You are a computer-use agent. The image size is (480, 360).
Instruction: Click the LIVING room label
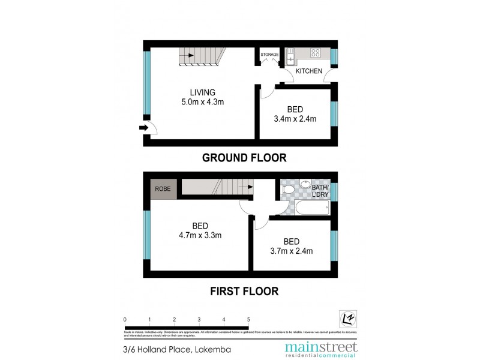pyautogui.click(x=202, y=92)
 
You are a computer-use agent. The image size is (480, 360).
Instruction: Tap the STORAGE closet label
pyautogui.click(x=269, y=55)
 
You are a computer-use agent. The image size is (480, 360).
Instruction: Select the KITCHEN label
pyautogui.click(x=309, y=71)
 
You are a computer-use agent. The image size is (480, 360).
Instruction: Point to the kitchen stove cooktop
pyautogui.click(x=315, y=53)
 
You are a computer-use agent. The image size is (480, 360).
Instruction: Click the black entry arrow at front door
pyautogui.click(x=143, y=128)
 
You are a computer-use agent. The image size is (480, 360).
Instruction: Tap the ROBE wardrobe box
pyautogui.click(x=163, y=188)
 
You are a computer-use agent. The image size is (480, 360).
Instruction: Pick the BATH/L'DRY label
pyautogui.click(x=319, y=191)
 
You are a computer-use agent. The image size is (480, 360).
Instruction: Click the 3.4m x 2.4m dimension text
pyautogui.click(x=294, y=119)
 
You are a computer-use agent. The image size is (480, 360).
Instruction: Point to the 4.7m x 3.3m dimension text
pyautogui.click(x=200, y=235)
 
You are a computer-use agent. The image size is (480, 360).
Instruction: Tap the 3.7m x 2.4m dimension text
pyautogui.click(x=291, y=251)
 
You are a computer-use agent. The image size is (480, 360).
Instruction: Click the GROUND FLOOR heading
pyautogui.click(x=244, y=158)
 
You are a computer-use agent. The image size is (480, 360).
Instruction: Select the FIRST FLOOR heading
pyautogui.click(x=244, y=292)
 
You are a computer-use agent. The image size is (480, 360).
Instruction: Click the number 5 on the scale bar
pyautogui.click(x=248, y=320)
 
